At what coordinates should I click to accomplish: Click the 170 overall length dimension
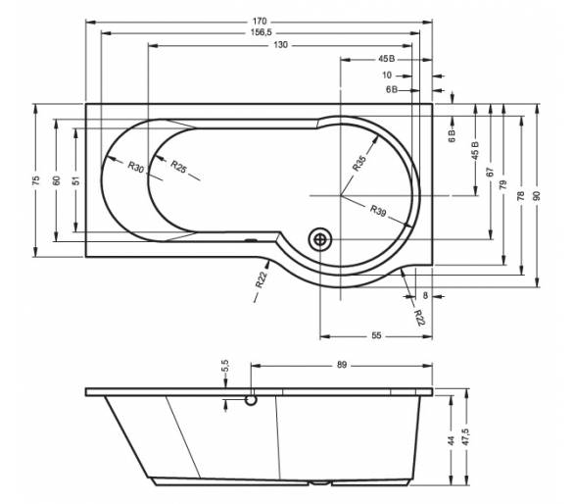pos(260,22)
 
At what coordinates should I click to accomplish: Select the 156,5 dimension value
pos(261,32)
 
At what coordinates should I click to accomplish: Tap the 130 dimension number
pos(280,45)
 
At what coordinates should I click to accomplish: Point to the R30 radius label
pos(136,167)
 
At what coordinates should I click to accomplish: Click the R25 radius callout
pos(178,167)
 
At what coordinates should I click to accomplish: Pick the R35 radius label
pos(359,163)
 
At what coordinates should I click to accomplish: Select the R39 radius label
pos(378,211)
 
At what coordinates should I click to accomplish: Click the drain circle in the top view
pos(320,239)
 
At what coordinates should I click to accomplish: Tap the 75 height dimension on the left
pos(35,180)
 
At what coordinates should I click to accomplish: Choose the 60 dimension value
pos(57,180)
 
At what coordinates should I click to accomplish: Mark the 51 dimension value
pos(76,180)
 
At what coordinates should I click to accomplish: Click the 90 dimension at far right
pos(537,195)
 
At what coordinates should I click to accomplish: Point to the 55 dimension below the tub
pos(376,335)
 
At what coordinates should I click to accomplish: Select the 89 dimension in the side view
pos(341,365)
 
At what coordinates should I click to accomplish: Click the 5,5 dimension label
pos(225,366)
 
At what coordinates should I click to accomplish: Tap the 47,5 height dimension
pos(465,436)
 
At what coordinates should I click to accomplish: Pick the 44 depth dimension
pos(451,440)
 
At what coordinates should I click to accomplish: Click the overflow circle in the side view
pos(251,400)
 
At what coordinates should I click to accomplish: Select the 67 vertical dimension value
pos(491,172)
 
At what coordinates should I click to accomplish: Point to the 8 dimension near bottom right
pos(425,295)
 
